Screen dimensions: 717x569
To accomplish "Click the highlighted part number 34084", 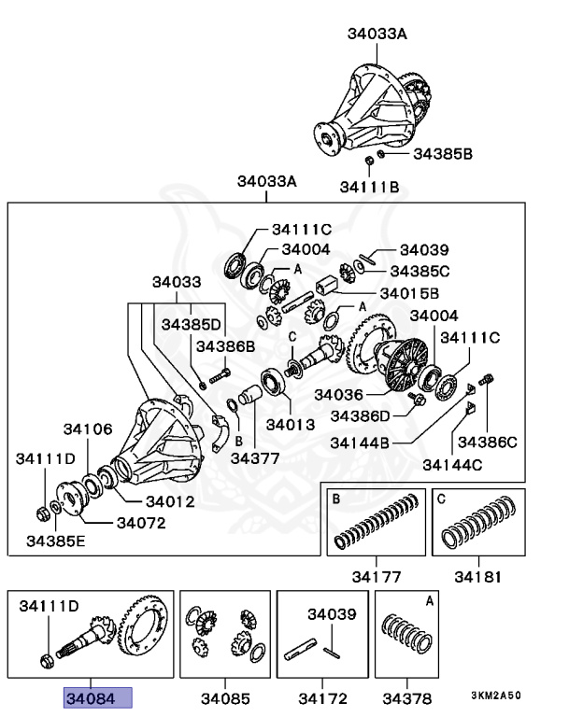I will coord(97,698).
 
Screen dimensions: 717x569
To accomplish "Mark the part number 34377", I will coord(255,458).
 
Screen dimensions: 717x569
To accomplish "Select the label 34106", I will coord(88,429).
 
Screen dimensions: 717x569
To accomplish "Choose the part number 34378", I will coord(410,698).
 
